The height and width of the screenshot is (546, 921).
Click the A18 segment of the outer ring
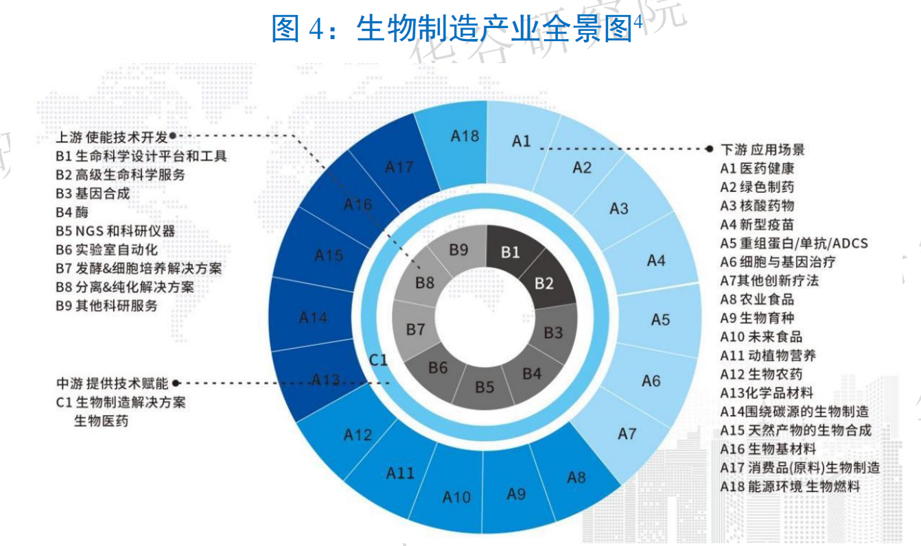click(465, 136)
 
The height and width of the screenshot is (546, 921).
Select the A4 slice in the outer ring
click(655, 261)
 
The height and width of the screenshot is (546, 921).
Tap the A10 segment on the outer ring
click(456, 497)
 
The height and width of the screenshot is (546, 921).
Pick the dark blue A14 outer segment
click(313, 318)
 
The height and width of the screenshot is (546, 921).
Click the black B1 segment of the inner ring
click(510, 252)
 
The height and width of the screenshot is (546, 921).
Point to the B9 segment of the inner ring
click(458, 250)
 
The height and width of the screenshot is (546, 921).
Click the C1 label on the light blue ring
click(379, 359)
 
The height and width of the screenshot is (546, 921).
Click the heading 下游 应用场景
click(762, 150)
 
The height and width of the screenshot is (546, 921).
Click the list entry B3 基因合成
click(93, 193)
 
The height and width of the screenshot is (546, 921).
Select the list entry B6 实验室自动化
click(106, 250)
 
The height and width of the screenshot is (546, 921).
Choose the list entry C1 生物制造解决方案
click(121, 402)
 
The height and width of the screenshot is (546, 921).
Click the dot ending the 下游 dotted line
click(710, 148)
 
